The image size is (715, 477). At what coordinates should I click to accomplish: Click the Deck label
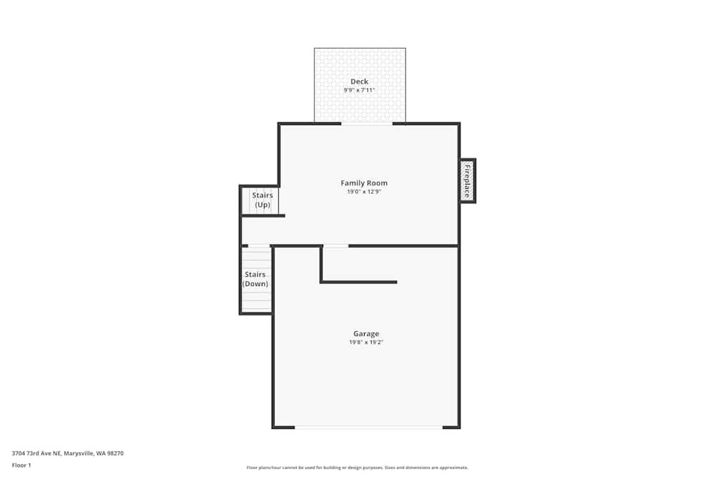coord(359,82)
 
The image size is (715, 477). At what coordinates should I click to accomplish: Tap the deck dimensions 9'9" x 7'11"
coord(359,91)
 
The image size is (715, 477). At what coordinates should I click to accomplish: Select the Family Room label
coord(364,183)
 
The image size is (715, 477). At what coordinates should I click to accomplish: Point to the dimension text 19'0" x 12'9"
coord(364,192)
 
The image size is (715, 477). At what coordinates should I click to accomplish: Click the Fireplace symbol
coord(468,181)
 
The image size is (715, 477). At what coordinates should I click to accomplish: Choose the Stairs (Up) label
coord(262,200)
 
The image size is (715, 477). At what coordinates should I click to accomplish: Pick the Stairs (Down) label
coord(255,279)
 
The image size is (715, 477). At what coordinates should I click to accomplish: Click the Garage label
coord(366,333)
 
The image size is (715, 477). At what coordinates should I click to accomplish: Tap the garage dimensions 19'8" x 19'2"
coord(366,343)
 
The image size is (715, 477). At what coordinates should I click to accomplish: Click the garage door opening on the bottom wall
coord(368,427)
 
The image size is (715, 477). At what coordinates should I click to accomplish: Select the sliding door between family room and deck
coord(367,124)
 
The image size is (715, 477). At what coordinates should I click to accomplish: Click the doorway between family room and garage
coord(336,246)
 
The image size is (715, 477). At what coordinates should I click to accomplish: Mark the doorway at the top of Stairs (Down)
coord(259,246)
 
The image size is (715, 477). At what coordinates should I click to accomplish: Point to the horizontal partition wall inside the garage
coord(360,282)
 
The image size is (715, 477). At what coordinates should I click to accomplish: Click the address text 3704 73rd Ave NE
coord(36,453)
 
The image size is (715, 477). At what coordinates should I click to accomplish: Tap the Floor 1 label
coord(21,465)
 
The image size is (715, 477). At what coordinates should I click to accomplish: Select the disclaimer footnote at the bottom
coord(357,467)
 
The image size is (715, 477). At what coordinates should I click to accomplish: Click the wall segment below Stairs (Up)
coord(263,215)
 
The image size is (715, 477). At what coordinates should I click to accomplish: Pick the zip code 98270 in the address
coord(114,453)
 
